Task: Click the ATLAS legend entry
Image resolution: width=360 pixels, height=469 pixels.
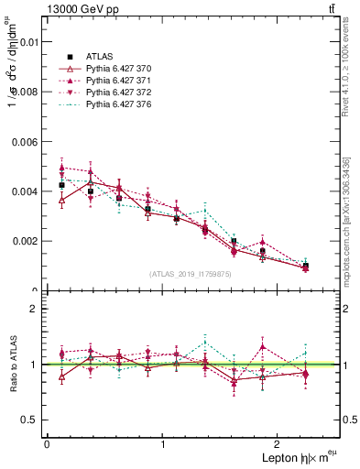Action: coord(100,56)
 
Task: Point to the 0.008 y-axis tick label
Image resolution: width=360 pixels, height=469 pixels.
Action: coord(24,92)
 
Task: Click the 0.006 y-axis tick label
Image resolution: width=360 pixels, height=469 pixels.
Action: coord(24,142)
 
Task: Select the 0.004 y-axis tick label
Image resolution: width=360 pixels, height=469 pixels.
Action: coord(24,191)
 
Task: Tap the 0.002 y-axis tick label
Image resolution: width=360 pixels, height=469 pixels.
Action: coord(24,241)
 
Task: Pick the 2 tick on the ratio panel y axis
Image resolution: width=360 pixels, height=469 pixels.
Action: coord(36,310)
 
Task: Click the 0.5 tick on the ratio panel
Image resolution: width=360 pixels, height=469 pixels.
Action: coord(31,420)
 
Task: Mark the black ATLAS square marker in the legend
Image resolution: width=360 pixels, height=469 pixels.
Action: coord(60,56)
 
